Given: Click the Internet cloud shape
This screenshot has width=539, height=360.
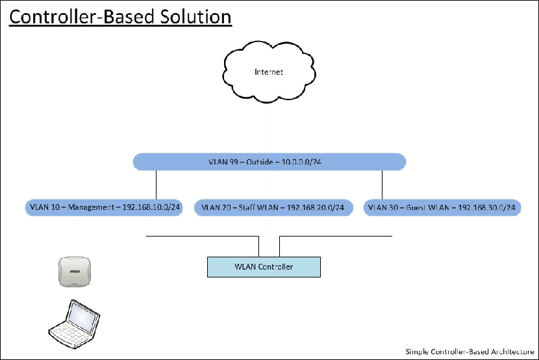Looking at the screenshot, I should tap(269, 84).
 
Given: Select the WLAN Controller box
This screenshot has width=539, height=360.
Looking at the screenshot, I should tap(264, 266).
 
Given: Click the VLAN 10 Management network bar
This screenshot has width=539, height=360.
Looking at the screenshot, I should tap(105, 208).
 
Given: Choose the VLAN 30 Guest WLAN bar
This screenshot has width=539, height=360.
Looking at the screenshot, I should tap(442, 208).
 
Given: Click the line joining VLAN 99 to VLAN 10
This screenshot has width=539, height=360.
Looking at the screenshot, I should tap(156, 184).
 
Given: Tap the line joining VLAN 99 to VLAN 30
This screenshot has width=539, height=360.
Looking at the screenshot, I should tap(382, 184).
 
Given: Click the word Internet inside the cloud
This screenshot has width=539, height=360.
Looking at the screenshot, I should tap(269, 72).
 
